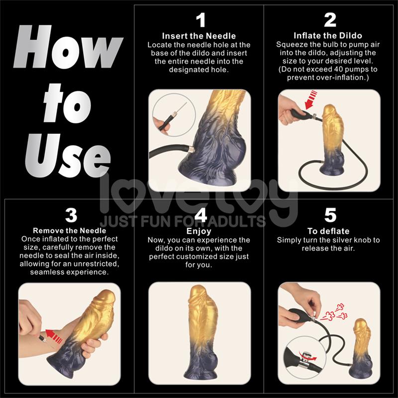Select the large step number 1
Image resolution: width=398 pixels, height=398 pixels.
click(200, 20)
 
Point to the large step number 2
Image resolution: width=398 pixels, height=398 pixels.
click(330, 20)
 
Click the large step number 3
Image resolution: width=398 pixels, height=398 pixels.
click(71, 215)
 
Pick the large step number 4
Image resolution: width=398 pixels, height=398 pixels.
click(200, 215)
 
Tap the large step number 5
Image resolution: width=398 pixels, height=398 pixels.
click(330, 215)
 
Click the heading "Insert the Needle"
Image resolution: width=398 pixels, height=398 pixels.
click(199, 36)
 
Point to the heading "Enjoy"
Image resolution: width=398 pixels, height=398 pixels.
click(199, 231)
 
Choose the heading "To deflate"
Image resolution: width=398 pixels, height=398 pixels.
click(328, 231)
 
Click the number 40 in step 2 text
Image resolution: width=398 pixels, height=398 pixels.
click(348, 70)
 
